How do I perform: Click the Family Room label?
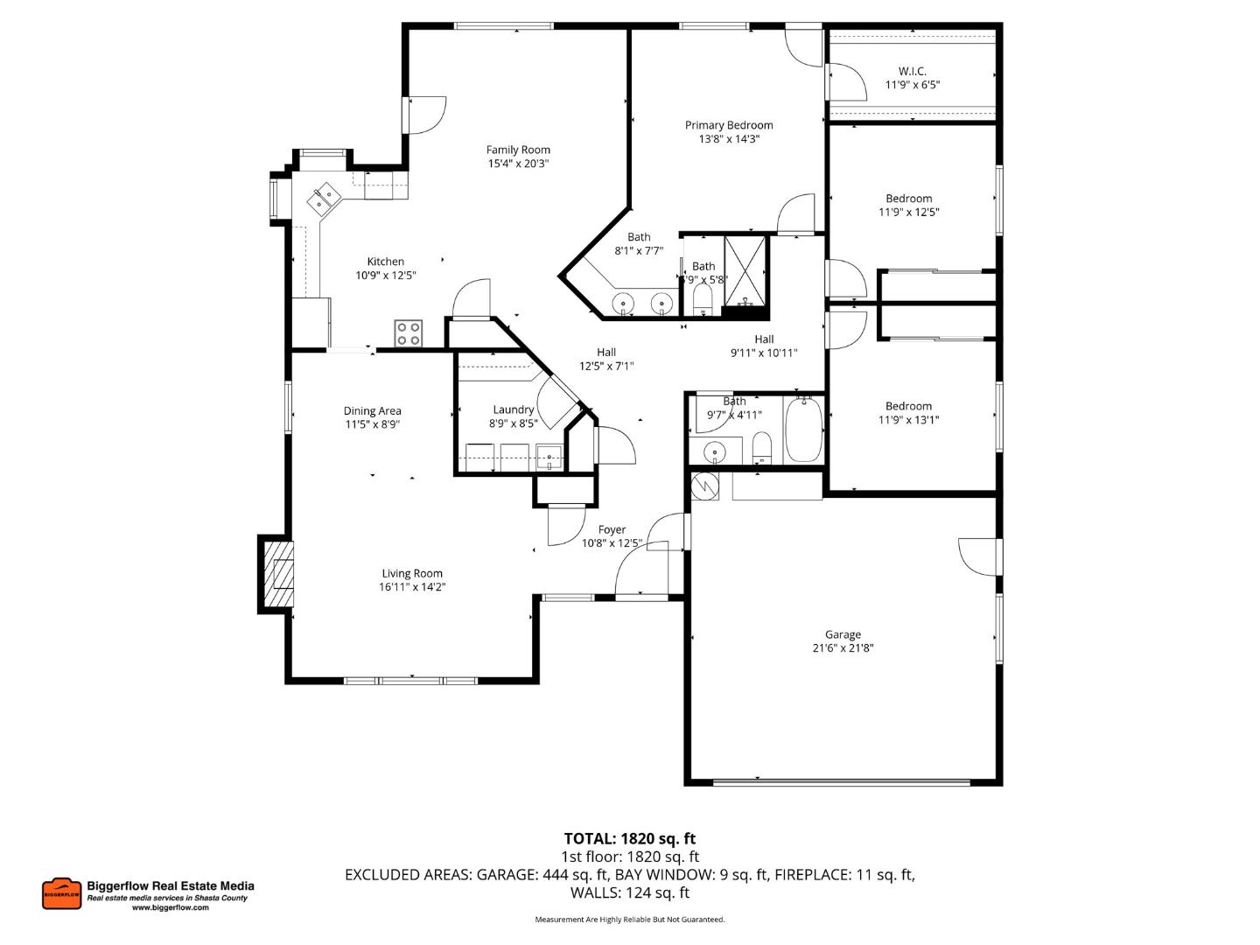tap(518, 150)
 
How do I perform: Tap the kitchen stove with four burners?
tap(408, 333)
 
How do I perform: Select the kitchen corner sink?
tap(324, 198)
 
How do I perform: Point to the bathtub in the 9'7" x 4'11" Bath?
tap(803, 430)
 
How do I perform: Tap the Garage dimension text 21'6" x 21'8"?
tap(843, 648)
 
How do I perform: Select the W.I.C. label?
tap(912, 72)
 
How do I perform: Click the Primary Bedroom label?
tap(729, 125)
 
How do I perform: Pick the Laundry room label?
tap(513, 409)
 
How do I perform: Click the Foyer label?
tap(612, 529)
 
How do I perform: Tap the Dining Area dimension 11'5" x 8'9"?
tap(372, 424)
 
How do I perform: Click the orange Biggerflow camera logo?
tap(61, 893)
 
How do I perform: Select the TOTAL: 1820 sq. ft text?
tap(629, 838)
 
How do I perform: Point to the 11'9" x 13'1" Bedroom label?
tap(908, 406)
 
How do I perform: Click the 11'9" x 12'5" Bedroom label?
tap(908, 199)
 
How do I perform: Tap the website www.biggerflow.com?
tap(171, 908)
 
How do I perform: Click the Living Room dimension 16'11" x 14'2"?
tap(411, 587)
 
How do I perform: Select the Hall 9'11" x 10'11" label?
tap(764, 339)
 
